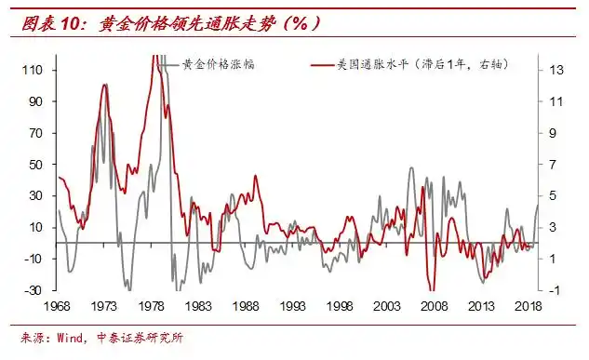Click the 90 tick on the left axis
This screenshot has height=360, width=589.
(35, 101)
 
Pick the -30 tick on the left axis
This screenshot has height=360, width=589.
(33, 290)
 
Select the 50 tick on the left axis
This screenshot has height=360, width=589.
(35, 165)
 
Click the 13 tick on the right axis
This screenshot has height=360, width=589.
(555, 70)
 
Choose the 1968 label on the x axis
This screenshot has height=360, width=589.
(58, 307)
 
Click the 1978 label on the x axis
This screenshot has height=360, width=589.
(152, 307)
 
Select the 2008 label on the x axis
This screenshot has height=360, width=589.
(433, 307)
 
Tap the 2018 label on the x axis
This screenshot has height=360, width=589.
(527, 307)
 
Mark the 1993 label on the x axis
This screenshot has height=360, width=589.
(292, 307)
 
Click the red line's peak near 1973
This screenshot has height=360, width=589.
(100, 85)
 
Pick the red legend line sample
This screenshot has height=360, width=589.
(320, 64)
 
